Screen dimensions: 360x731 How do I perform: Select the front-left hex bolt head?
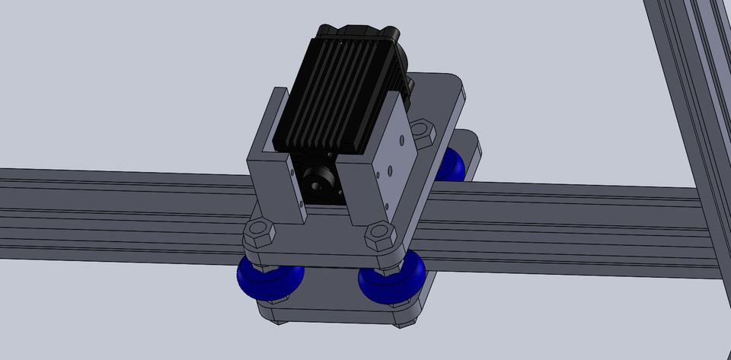pos(260,231)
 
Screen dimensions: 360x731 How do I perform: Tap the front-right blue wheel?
pos(391,280)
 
